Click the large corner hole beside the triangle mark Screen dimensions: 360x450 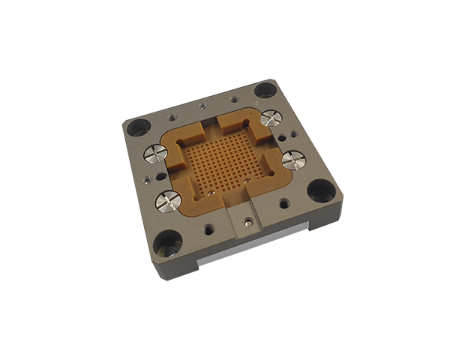coord(264,90)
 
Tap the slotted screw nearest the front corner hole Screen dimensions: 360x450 coord(167,200)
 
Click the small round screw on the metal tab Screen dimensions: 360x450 coord(248,222)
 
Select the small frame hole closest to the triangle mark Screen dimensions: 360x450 coord(235,98)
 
